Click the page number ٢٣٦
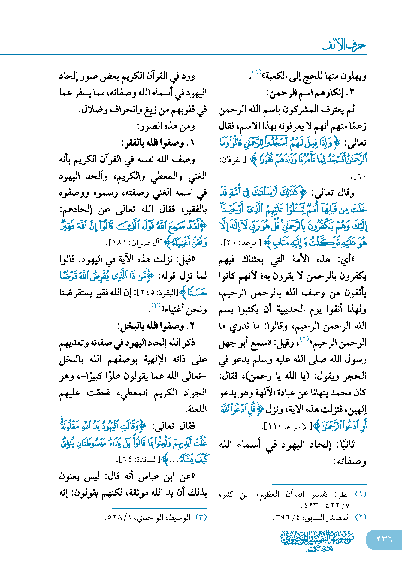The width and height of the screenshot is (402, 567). tap(385, 539)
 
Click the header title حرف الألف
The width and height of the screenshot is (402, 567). tap(343, 45)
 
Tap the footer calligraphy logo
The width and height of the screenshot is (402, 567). tap(318, 540)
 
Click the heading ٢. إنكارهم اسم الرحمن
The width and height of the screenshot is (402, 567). tap(311, 93)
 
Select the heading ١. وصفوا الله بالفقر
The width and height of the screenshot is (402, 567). tap(158, 143)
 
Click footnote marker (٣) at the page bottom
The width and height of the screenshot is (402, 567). tap(201, 517)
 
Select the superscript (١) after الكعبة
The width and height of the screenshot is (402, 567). tap(257, 72)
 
